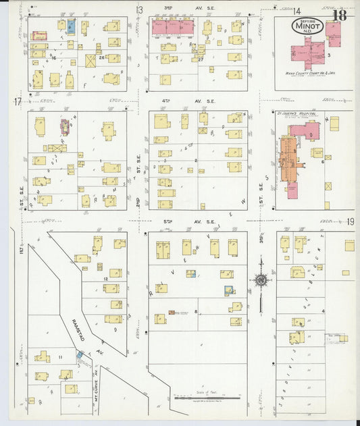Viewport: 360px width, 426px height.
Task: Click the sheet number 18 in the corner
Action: coord(338,15)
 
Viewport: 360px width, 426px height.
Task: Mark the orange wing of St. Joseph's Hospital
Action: coord(288,157)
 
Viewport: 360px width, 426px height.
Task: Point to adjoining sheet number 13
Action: coord(140,9)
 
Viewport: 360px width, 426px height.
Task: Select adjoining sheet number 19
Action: coord(351,222)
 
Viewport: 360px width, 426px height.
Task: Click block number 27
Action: coord(201,59)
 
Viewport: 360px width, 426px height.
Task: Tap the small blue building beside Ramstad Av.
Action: coord(80,354)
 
